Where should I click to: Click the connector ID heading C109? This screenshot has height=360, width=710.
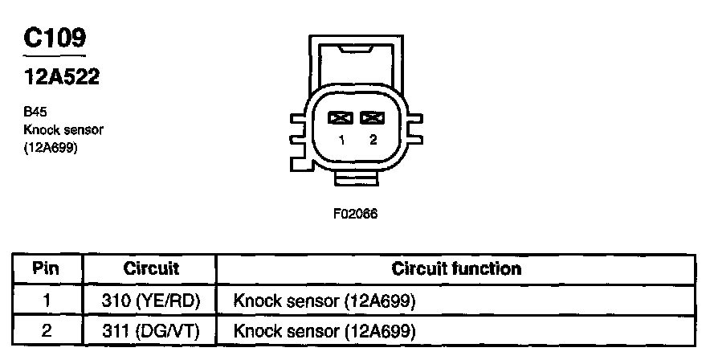(x=55, y=38)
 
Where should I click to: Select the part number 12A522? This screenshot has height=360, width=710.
(x=60, y=79)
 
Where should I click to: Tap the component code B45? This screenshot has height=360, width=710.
(x=36, y=113)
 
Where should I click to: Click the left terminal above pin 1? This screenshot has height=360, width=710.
(x=341, y=118)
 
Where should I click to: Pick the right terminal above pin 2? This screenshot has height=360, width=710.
(x=371, y=118)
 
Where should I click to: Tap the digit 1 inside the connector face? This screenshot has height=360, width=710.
(x=341, y=141)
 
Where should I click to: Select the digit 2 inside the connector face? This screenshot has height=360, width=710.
(x=372, y=141)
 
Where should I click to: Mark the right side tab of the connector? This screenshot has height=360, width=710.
(x=415, y=128)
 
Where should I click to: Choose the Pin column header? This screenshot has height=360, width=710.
(x=47, y=268)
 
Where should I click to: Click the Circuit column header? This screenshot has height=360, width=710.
(x=151, y=268)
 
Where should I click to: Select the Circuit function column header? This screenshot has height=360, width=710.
(x=455, y=268)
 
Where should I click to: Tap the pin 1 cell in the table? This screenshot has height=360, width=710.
(x=47, y=301)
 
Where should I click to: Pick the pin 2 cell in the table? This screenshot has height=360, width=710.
(x=47, y=330)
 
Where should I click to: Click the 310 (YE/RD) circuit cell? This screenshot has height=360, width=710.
(x=151, y=301)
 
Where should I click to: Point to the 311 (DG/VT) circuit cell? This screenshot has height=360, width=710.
(x=151, y=330)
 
